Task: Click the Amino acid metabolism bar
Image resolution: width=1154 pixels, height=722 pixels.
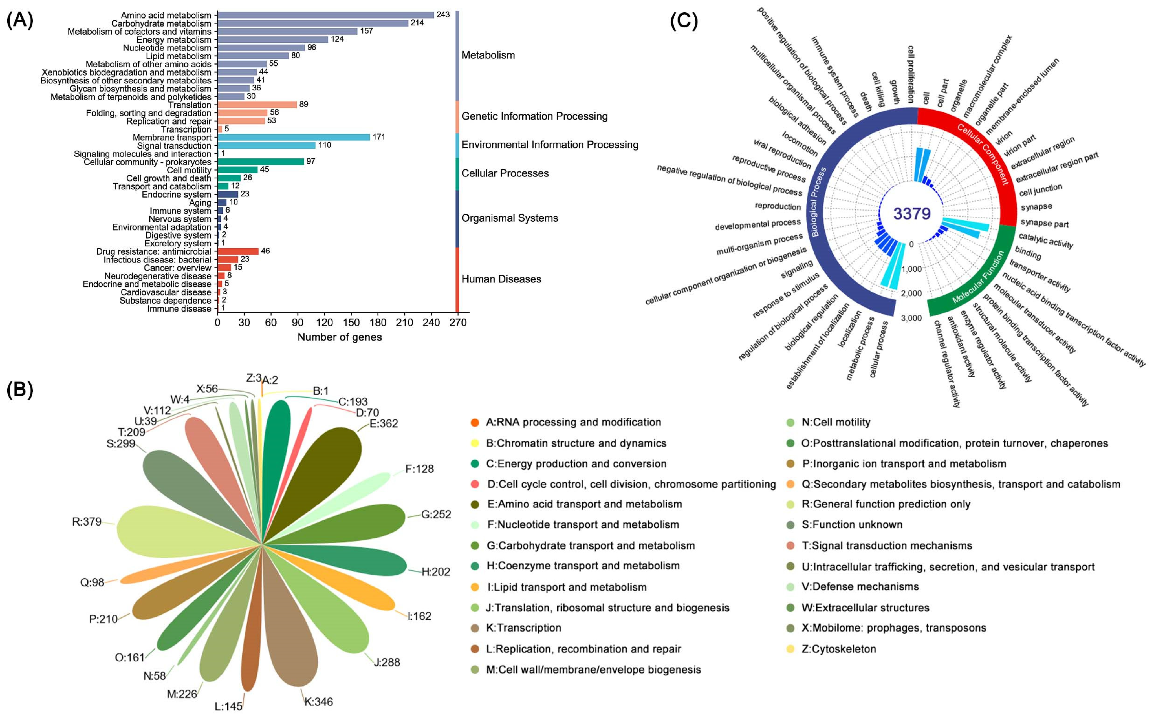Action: pos(325,15)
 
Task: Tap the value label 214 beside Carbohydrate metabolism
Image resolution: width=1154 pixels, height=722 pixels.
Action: pos(417,23)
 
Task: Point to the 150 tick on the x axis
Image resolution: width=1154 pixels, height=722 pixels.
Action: pos(351,323)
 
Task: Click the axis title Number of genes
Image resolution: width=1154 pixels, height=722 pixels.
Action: pos(339,337)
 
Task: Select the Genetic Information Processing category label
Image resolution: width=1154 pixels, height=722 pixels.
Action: pos(534,116)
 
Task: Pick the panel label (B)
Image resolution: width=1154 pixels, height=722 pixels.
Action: pos(19,390)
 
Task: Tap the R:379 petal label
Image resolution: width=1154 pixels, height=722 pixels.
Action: pos(87,522)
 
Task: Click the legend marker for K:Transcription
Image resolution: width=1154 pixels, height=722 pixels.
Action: pos(475,628)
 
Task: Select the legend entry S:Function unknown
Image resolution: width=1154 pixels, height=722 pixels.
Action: pos(852,525)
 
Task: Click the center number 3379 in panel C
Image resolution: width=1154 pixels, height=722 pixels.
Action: pos(911,213)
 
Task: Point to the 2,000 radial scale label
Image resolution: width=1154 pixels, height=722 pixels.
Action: pos(911,293)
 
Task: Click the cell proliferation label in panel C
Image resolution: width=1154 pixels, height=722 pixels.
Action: pos(910,74)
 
